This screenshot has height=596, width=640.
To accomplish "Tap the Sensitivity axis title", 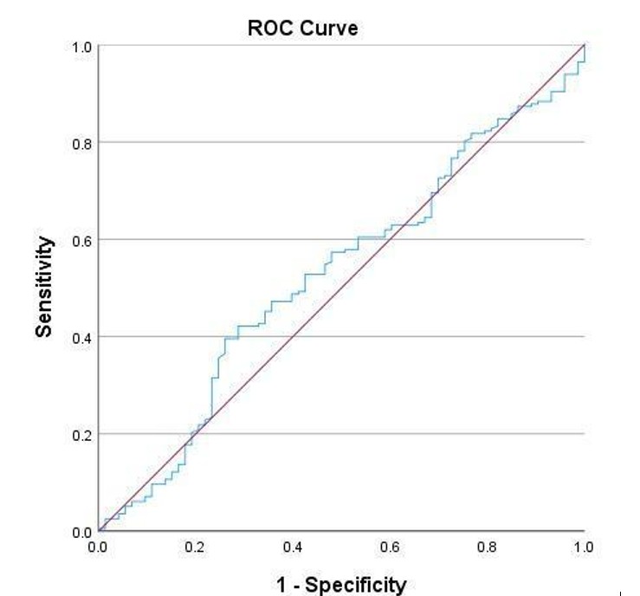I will pos(45,288).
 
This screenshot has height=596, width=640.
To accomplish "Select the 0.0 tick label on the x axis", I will pos(98,547).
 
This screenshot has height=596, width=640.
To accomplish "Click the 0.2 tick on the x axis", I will pos(195,547).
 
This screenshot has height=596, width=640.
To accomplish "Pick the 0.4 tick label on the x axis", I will pos(293,547).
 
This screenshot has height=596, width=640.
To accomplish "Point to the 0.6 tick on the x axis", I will pos(390,547).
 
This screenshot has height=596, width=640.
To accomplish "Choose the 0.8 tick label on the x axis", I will pos(487,547).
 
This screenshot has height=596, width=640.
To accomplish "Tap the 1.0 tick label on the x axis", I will pos(584,547).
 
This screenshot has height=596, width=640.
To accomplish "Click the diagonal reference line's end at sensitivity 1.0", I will pos(585,45).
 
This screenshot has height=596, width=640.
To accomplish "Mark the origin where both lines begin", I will pos(99,531).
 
